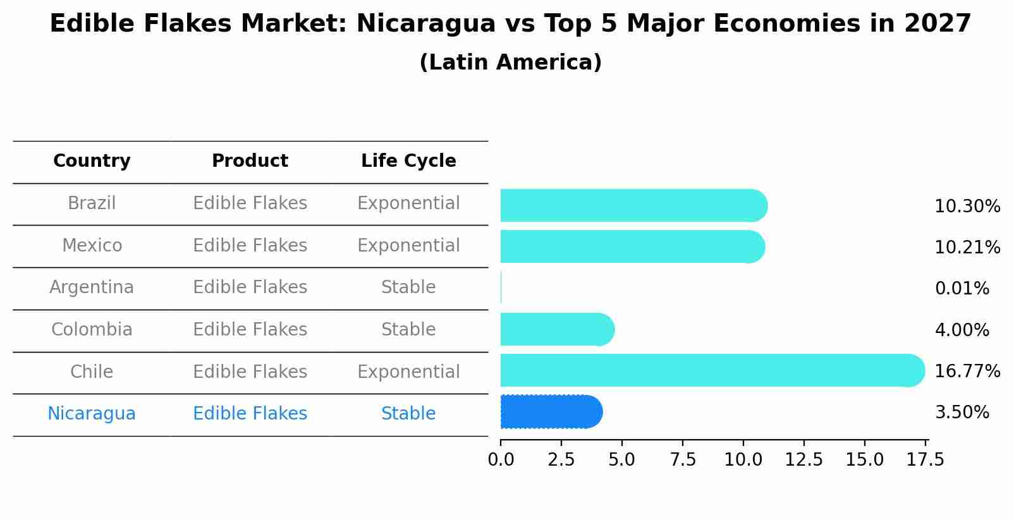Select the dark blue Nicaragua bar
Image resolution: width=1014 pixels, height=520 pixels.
[550, 412]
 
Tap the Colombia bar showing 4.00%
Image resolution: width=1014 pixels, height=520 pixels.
[556, 329]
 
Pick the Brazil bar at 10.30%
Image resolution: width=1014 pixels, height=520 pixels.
[632, 205]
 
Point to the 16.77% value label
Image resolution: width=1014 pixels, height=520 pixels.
[967, 371]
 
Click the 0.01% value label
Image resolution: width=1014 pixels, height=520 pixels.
[962, 289]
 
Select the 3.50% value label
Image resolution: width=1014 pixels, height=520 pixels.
[962, 413]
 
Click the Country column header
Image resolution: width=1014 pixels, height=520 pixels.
[92, 161]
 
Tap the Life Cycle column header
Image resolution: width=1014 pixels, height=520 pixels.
[408, 161]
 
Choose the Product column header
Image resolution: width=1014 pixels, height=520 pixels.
[250, 161]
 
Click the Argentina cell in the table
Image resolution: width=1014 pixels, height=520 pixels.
[92, 287]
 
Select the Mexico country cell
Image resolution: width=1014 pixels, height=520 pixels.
[92, 245]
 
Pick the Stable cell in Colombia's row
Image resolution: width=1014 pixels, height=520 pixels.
[408, 330]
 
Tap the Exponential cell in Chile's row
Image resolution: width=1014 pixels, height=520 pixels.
[408, 372]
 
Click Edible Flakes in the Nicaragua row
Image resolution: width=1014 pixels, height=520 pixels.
[250, 414]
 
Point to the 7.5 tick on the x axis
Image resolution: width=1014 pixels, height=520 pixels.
[682, 460]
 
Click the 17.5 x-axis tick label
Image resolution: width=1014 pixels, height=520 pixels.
[925, 460]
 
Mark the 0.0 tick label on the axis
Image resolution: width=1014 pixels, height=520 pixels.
[501, 460]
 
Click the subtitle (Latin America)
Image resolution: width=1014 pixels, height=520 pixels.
[510, 63]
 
